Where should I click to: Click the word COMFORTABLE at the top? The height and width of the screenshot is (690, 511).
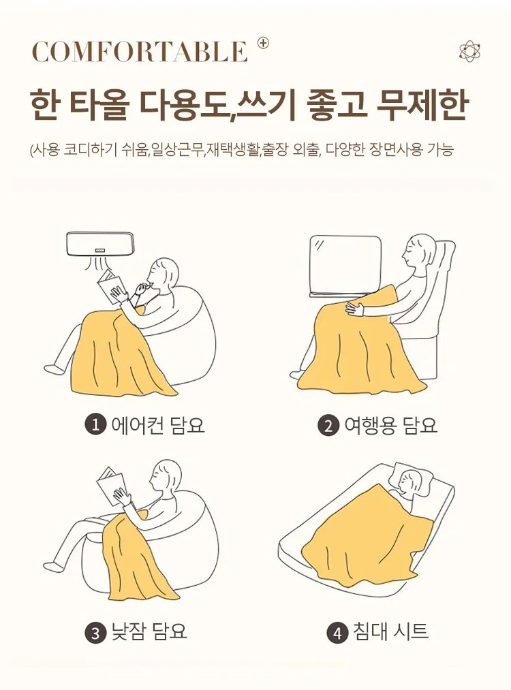(x=140, y=52)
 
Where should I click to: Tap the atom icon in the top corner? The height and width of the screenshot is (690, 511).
(x=469, y=51)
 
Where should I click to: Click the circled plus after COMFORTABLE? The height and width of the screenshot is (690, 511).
(x=263, y=43)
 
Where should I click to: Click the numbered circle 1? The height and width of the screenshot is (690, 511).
(x=95, y=425)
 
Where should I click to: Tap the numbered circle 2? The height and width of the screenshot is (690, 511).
(x=328, y=426)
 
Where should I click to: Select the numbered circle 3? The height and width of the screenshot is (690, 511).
(x=95, y=633)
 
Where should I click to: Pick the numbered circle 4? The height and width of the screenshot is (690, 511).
(x=337, y=633)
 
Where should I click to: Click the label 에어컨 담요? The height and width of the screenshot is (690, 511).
(x=157, y=425)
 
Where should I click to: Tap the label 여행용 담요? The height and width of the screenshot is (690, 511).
(x=390, y=426)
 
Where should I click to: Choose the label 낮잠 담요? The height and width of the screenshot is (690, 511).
(x=149, y=632)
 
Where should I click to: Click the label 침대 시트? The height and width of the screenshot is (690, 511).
(x=390, y=632)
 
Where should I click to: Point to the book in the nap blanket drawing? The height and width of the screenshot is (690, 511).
(x=110, y=484)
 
